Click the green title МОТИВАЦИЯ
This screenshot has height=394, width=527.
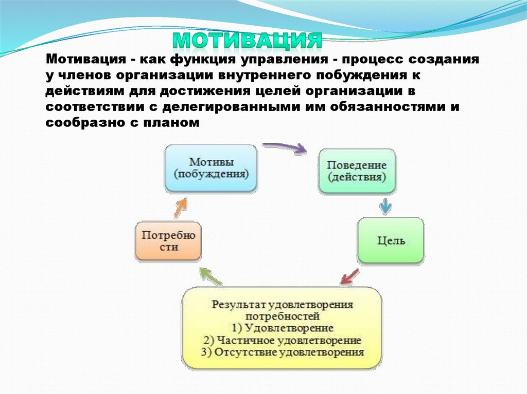click(x=247, y=40)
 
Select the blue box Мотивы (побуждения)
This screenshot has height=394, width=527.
click(x=210, y=168)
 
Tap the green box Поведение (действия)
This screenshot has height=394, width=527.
click(x=357, y=172)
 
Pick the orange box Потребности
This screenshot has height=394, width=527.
click(x=168, y=241)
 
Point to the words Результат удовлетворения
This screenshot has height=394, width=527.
click(x=282, y=304)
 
